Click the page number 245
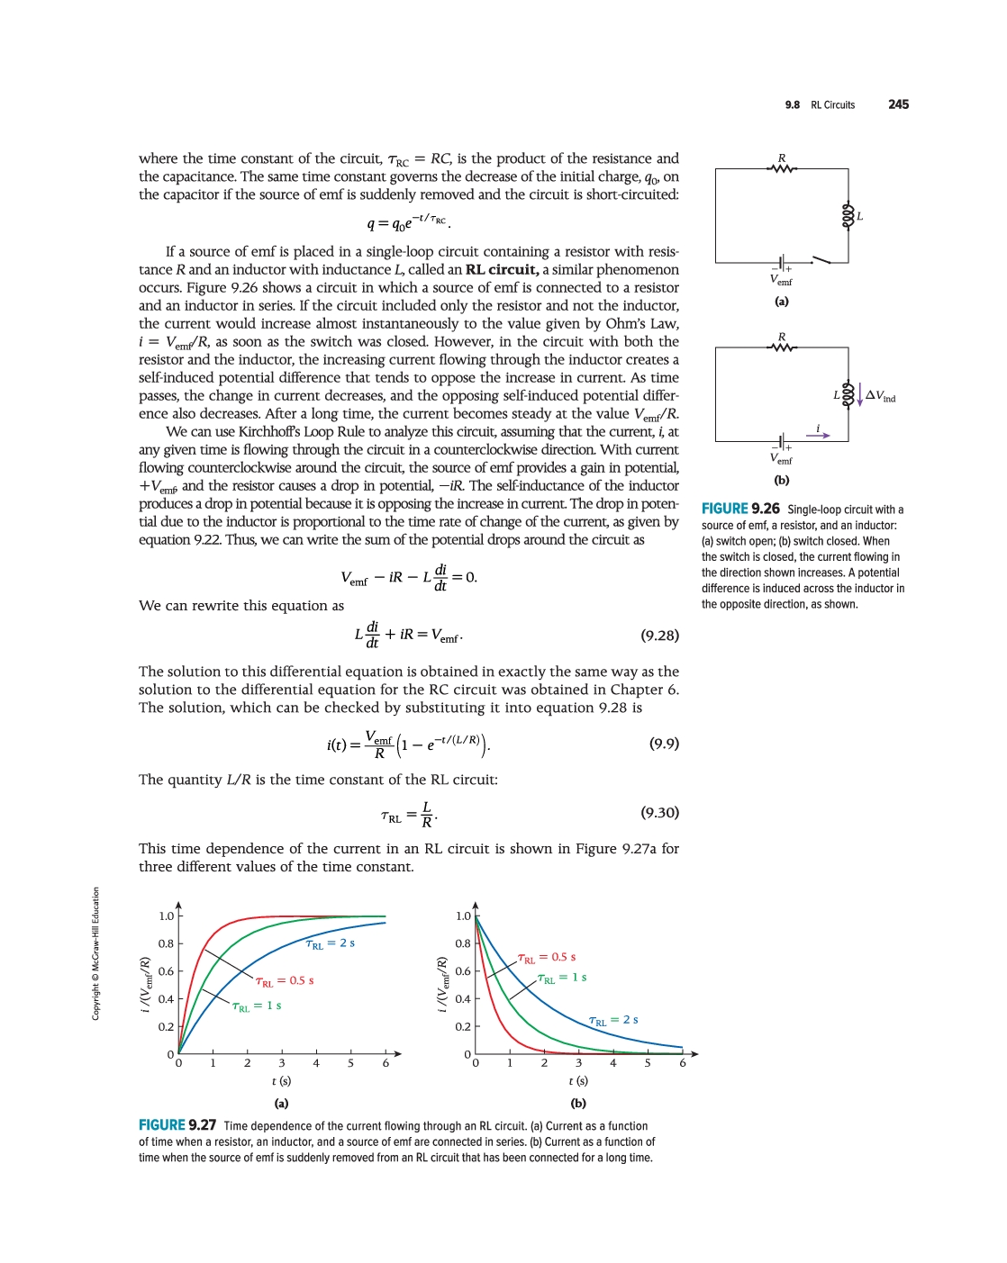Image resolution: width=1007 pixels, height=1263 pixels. (898, 104)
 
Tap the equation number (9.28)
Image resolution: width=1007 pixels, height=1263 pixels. (659, 636)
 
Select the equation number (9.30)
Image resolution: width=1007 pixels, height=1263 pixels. (659, 813)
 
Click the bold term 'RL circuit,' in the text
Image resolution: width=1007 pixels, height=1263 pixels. (502, 270)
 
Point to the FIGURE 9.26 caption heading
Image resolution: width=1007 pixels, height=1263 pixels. (740, 509)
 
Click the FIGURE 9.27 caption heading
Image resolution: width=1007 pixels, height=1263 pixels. (177, 1125)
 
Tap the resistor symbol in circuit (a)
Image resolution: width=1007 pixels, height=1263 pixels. (782, 168)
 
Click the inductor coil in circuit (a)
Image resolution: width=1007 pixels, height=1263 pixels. (848, 216)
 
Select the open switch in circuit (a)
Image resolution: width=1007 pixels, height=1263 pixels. (821, 260)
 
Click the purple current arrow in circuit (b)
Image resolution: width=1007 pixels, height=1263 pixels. (818, 436)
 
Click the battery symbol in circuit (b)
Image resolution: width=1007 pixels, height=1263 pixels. (782, 441)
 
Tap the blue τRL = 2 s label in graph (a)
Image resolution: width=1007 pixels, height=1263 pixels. (331, 943)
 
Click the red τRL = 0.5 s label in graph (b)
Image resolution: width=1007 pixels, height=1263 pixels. (547, 958)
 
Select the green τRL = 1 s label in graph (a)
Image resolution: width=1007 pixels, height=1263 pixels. (257, 1006)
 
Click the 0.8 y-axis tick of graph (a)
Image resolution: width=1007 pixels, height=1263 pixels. (167, 943)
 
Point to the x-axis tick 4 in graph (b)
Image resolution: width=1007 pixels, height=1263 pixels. (613, 1063)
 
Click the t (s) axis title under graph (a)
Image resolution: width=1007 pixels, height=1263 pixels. (281, 1081)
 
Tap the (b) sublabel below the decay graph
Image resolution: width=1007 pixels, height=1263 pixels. (578, 1103)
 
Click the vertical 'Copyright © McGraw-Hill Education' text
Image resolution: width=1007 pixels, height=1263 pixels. (95, 954)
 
